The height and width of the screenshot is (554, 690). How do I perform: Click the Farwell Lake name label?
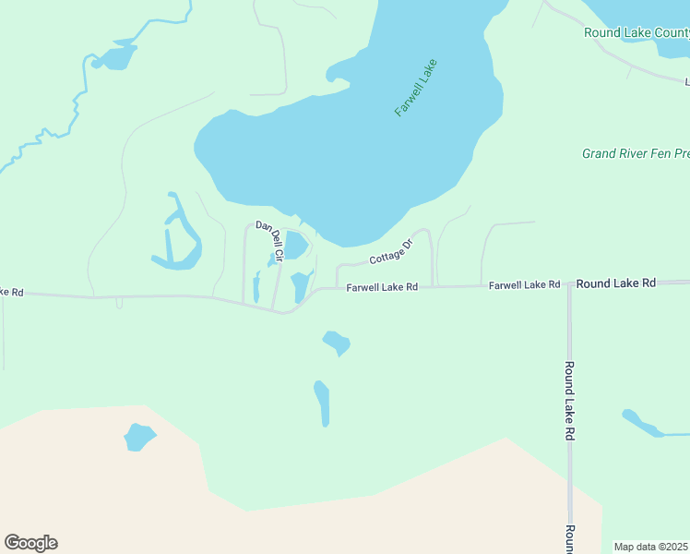415,88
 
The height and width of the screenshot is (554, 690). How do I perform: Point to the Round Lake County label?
636,32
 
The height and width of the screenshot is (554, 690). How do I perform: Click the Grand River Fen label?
635,153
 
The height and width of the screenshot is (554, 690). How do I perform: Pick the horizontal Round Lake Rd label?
615,283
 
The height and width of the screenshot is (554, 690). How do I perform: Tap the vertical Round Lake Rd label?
570,400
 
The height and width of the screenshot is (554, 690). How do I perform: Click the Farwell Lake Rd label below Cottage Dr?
382,287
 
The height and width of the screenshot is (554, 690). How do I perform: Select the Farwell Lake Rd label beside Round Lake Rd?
524,284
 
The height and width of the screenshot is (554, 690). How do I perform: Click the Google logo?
30,543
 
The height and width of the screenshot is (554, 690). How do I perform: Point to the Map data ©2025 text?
651,547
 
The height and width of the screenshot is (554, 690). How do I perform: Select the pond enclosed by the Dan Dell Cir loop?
295,245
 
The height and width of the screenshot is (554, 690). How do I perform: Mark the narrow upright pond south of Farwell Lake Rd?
322,403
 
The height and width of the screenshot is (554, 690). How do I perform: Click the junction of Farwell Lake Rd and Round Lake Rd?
569,284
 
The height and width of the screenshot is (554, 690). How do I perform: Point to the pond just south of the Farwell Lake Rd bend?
336,343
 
